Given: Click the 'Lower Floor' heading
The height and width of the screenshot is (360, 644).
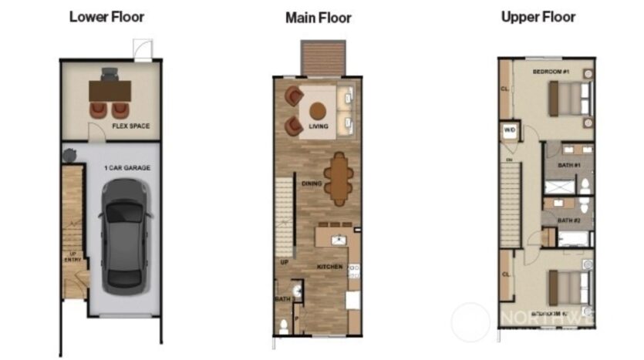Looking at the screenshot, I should [106, 16].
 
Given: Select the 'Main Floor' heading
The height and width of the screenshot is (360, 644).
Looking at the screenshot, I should [318, 17].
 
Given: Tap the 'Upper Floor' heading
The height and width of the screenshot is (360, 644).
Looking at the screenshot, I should [538, 16].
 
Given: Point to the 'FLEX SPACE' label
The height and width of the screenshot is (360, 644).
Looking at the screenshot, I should [130, 126].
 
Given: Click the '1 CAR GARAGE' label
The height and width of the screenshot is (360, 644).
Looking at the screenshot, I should [127, 167].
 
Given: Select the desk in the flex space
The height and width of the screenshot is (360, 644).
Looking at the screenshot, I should [110, 90].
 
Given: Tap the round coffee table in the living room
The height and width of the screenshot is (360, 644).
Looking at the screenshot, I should [318, 109].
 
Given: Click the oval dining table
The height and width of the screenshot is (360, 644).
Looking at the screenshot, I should [338, 179].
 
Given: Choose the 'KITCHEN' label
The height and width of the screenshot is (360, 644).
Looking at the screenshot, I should [329, 267].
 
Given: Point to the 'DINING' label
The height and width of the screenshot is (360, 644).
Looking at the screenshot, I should [312, 183].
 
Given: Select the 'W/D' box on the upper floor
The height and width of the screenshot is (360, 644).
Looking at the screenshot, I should [510, 130].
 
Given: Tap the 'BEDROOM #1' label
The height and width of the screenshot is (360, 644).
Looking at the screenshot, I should [550, 72].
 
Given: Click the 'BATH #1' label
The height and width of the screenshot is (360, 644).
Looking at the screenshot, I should [569, 165].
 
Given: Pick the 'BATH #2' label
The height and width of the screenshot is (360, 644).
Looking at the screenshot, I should [569, 220].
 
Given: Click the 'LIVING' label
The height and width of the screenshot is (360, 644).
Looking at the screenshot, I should [319, 126].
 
